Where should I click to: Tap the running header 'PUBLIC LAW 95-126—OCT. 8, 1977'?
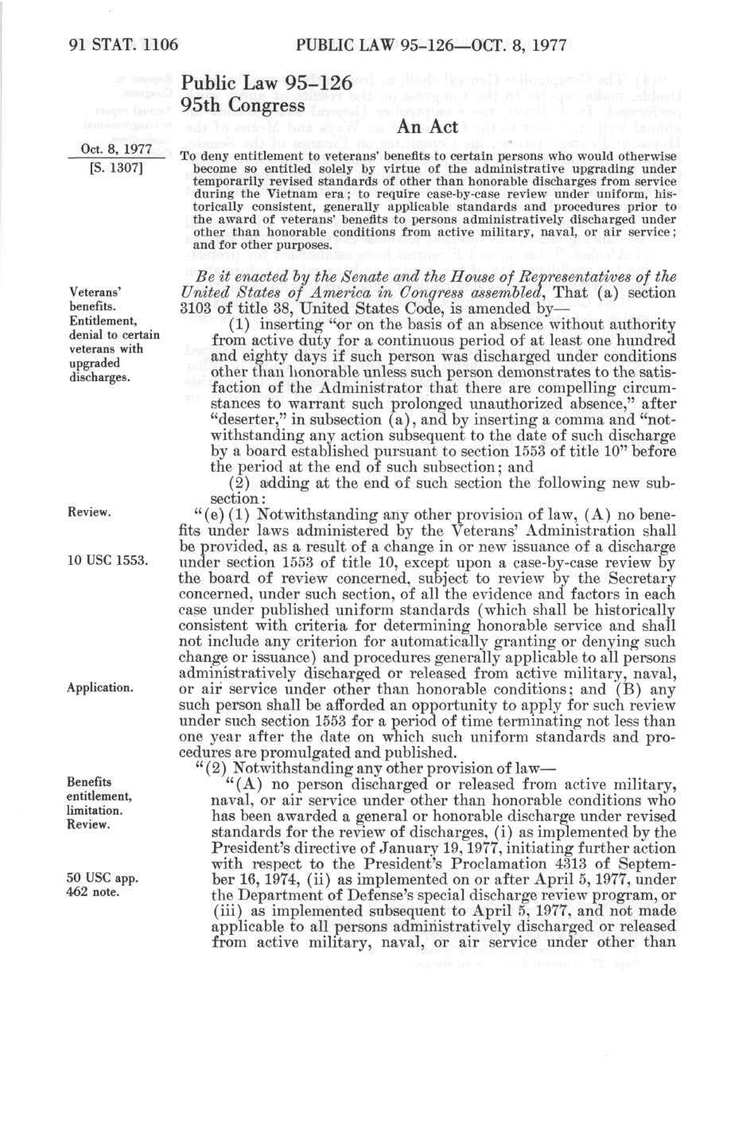tap(429, 45)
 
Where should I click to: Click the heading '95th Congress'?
tap(243, 104)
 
